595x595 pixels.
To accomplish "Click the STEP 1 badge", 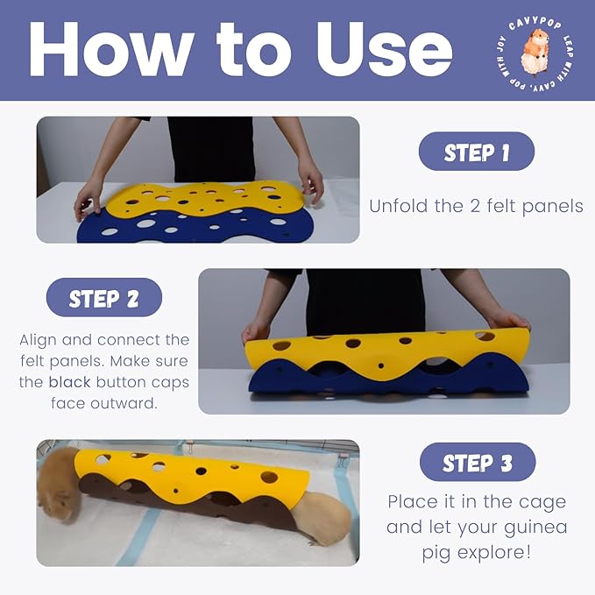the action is [x=476, y=152].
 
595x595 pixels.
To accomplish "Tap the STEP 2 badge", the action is [x=104, y=298].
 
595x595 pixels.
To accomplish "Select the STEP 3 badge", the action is [x=478, y=462].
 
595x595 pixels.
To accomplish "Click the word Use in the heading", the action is [x=385, y=48].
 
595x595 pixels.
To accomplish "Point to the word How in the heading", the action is [x=112, y=48].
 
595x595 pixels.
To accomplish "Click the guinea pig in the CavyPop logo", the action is [x=535, y=53].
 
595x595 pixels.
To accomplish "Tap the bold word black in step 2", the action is [x=70, y=382].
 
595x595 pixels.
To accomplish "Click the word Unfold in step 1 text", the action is [x=400, y=206].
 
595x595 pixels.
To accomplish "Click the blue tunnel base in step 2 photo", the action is [x=387, y=379].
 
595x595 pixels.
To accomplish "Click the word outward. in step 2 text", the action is [x=104, y=403].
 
